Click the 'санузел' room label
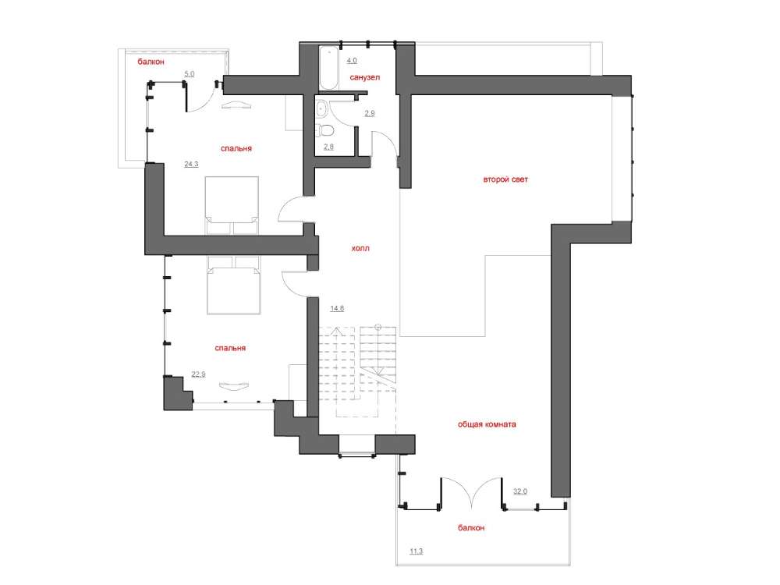(364, 77)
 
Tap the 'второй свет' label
(505, 179)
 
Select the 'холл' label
(360, 248)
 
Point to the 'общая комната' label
(487, 424)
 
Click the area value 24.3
(192, 164)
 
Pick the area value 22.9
(198, 374)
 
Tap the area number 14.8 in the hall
(337, 308)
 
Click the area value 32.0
(520, 491)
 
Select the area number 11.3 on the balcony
(417, 551)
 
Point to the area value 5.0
(190, 74)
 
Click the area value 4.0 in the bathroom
(352, 61)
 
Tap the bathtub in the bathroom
(329, 68)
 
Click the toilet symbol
(326, 129)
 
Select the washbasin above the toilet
(321, 108)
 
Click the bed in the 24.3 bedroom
(232, 205)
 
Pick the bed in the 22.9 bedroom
(233, 285)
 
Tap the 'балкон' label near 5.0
(151, 62)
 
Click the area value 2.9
(370, 113)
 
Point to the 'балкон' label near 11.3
(470, 528)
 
